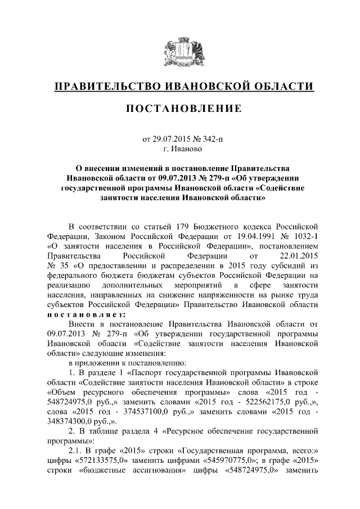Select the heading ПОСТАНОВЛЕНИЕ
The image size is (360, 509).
click(180, 108)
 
